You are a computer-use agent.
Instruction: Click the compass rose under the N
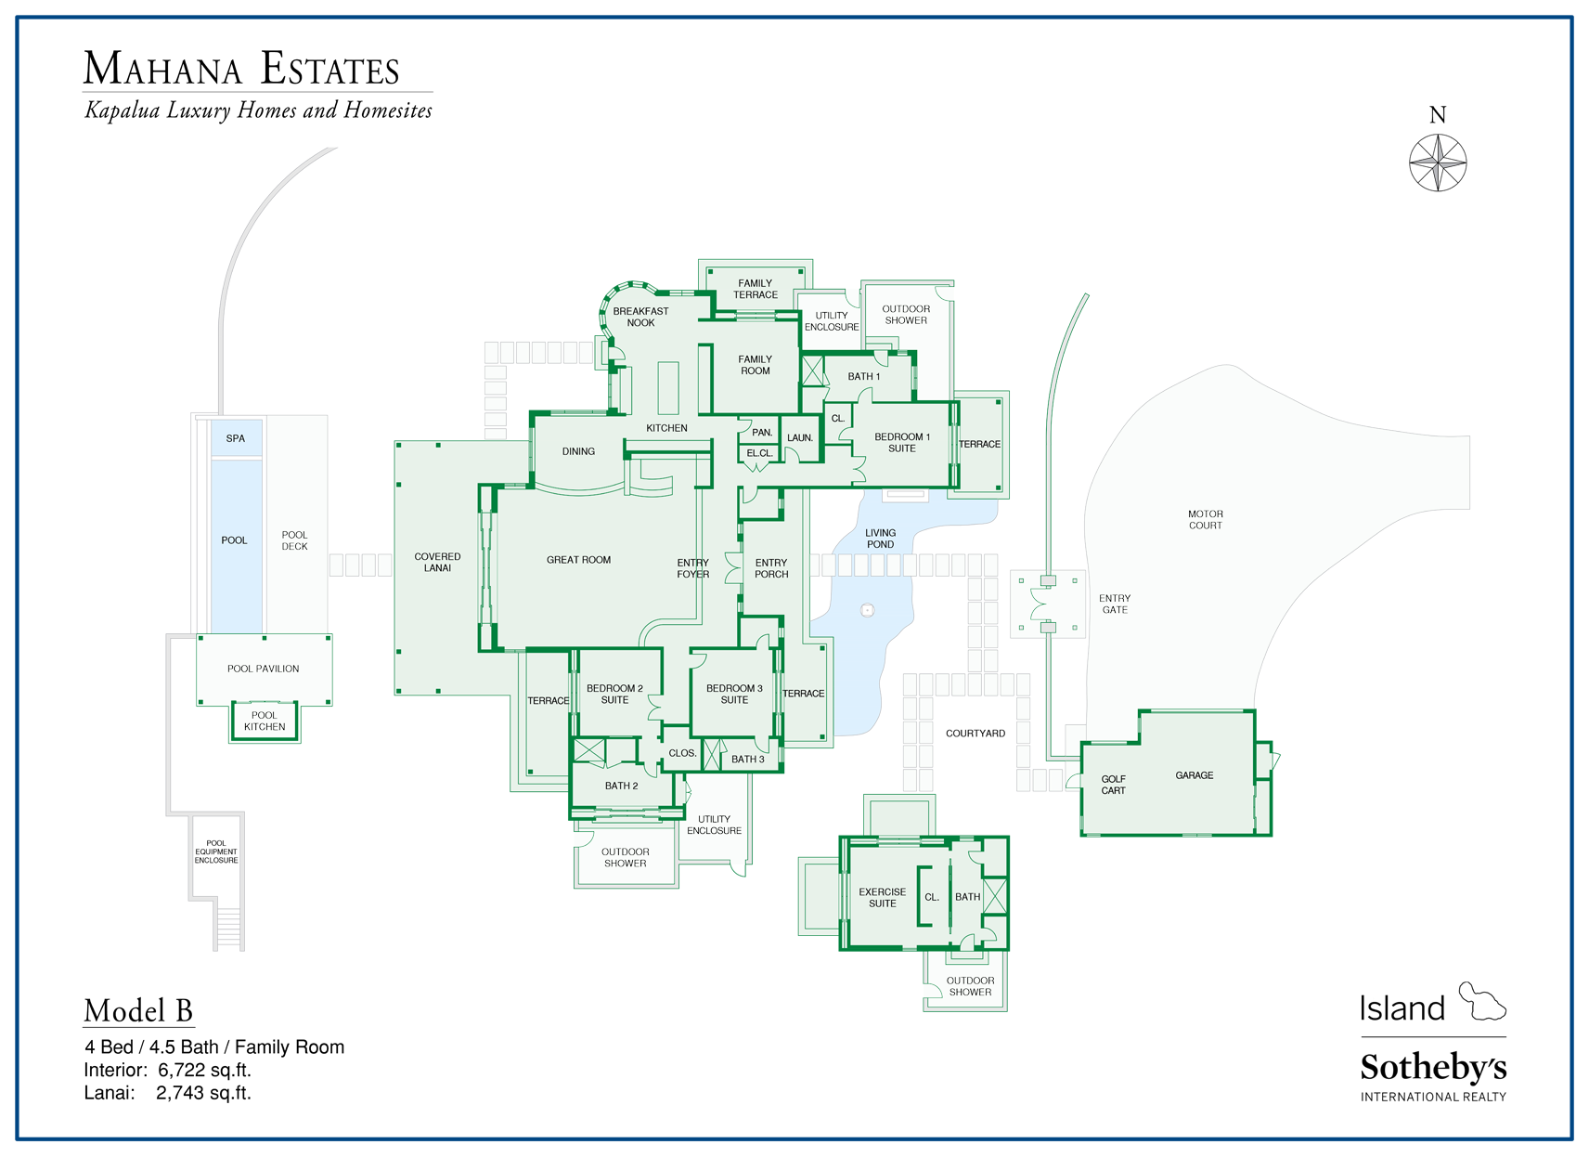point(1437,162)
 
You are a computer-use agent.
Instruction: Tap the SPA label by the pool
point(236,438)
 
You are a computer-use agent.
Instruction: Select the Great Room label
point(578,560)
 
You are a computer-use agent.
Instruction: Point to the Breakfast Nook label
point(640,318)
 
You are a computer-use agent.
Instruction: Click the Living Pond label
point(880,539)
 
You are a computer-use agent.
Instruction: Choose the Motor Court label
point(1206,520)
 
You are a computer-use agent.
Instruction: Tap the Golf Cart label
point(1113,785)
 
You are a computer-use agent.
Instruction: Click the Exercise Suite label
point(883,898)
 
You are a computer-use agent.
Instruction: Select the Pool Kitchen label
point(265,721)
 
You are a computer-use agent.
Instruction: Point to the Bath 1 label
point(863,377)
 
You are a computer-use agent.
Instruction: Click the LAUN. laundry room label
point(799,438)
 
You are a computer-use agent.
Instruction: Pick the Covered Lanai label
point(437,562)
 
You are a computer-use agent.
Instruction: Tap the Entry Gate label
point(1115,604)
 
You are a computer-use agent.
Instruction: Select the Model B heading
point(138,1011)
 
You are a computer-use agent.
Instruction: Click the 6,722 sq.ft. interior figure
point(204,1071)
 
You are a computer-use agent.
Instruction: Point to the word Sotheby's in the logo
point(1433,1068)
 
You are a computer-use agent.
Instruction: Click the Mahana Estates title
point(241,68)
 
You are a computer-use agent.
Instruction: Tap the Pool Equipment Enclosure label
point(216,851)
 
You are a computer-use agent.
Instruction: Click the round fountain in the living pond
point(867,610)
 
